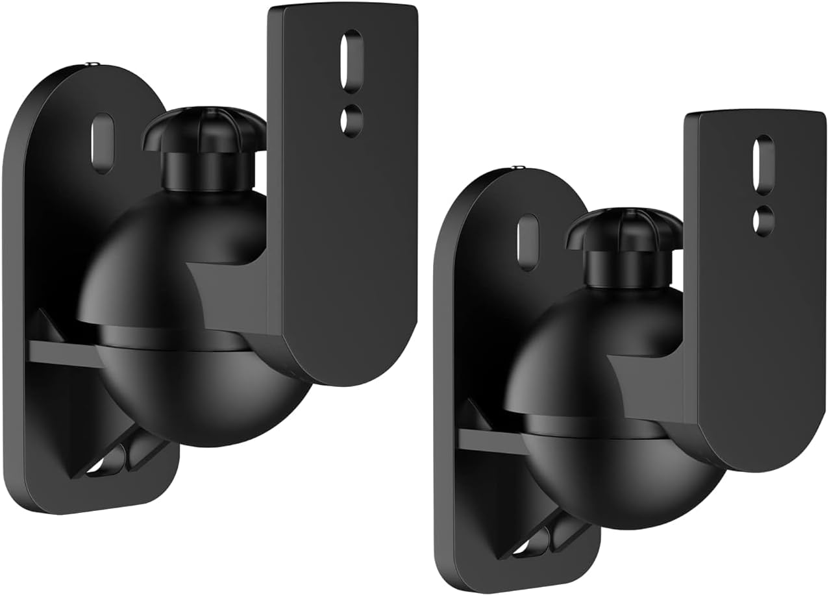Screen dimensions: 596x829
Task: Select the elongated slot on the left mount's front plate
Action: (351, 60)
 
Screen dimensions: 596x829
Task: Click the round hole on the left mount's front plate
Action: (351, 120)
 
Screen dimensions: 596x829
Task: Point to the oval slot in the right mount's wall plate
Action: (528, 242)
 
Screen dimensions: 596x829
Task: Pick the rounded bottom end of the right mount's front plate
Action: (760, 448)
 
